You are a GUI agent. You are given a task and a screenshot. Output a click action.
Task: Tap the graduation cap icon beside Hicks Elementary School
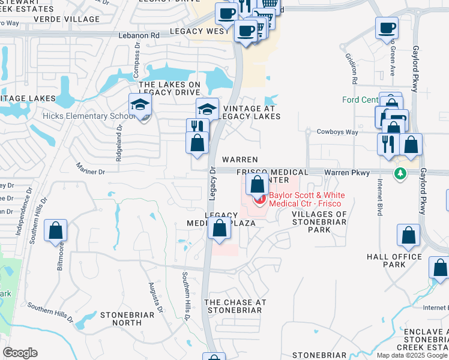pos(140,105)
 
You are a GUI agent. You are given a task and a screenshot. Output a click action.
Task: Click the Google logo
pos(20,353)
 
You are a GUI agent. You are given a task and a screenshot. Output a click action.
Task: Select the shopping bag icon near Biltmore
pos(55,230)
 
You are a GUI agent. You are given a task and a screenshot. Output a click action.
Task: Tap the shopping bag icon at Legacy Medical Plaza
pos(220,229)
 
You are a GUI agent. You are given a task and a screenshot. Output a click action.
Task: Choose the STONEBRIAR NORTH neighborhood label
pos(130,319)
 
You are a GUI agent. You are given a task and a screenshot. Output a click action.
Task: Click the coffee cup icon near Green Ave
pos(387,28)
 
